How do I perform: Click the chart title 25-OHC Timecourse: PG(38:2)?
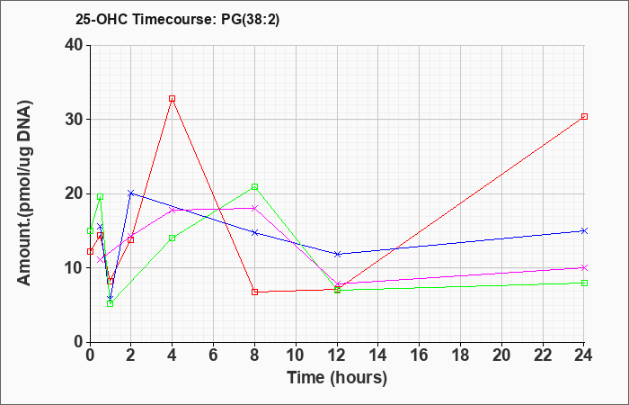point(177,19)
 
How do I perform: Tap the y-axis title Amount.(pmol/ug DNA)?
point(24,193)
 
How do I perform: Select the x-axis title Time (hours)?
point(337,378)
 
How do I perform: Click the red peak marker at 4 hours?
point(173,98)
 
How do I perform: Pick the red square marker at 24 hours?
point(584,116)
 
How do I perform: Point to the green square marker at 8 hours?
point(254,186)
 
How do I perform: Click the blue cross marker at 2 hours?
point(131,193)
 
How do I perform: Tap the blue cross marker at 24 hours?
point(584,230)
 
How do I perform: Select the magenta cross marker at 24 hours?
point(584,267)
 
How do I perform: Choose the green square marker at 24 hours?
point(584,283)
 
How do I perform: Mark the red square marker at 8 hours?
point(254,292)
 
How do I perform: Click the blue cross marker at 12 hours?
point(337,254)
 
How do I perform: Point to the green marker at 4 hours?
point(173,238)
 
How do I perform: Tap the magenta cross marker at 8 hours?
point(254,208)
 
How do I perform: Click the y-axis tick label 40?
point(74,45)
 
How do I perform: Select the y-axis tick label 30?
point(74,120)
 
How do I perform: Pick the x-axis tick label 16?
point(420,355)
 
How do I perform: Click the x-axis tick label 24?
point(584,355)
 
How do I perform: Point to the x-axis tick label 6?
point(213,355)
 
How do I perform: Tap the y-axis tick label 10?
point(74,267)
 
